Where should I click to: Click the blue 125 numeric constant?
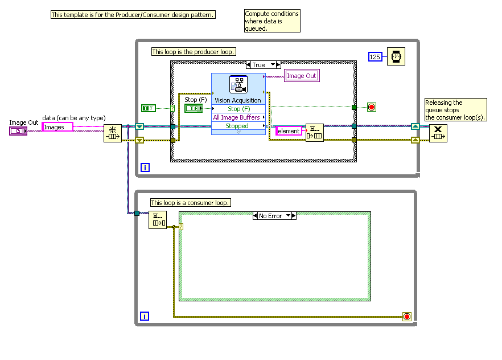(x=375, y=57)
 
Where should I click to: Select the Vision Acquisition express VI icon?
(x=238, y=85)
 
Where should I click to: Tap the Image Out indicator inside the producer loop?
(x=301, y=76)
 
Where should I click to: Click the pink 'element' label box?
(x=289, y=131)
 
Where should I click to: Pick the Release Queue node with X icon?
(x=438, y=133)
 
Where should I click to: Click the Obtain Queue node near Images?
(x=112, y=133)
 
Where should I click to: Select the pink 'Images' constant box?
(x=57, y=127)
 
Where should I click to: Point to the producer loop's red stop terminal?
(x=372, y=107)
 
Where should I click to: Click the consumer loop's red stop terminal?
(x=406, y=316)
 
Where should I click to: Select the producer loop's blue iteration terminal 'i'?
(x=145, y=167)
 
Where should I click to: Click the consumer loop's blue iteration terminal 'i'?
(x=145, y=316)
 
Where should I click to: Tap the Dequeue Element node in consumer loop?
(x=158, y=220)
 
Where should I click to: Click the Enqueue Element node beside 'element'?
(x=314, y=132)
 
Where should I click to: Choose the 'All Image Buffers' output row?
(x=237, y=117)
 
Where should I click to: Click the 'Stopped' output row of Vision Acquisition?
(x=237, y=126)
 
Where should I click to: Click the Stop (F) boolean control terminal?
(x=193, y=108)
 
